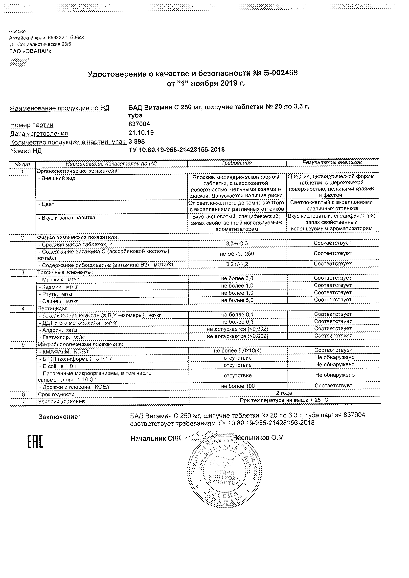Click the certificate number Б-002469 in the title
pos(280,73)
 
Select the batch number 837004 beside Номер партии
pos(139,124)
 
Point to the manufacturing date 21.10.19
pos(141,133)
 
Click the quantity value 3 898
pos(136,142)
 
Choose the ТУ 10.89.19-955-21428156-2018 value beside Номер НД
pos(176,150)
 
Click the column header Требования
pos(237,163)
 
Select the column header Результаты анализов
pos(332,162)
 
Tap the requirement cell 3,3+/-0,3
pos(237,244)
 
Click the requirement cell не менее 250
pos(237,254)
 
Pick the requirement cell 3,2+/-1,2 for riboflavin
pos(237,264)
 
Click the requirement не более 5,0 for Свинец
pos(237,300)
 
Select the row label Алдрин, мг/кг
pos(58,330)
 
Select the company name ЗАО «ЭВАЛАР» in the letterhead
pos(30,51)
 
